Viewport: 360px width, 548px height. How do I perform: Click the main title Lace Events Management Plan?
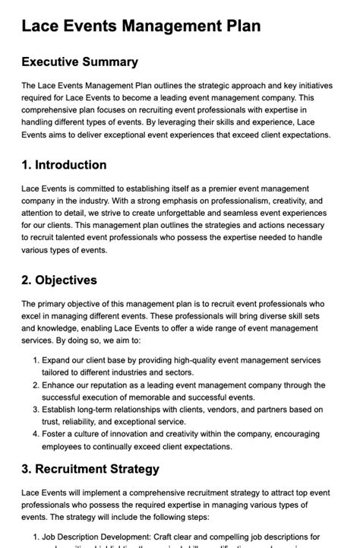coord(141,27)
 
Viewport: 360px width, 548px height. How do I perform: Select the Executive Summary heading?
coord(80,62)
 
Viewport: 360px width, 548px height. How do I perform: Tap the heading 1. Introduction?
coord(64,165)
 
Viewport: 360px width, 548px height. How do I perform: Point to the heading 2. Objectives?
coord(59,280)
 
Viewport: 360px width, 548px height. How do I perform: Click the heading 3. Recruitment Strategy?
coord(90,469)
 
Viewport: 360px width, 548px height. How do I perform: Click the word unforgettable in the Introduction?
coord(191,214)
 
